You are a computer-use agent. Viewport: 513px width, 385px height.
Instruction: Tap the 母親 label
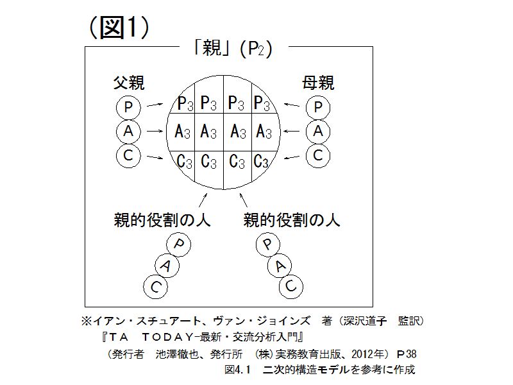pos(319,83)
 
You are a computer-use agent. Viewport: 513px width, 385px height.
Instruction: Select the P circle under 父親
pos(128,107)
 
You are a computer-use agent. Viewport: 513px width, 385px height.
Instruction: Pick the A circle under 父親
pos(128,132)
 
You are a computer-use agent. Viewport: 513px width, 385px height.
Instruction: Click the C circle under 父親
pos(128,155)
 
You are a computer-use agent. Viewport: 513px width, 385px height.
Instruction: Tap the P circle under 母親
pos(318,107)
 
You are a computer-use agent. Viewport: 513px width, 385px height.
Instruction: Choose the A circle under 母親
pos(318,132)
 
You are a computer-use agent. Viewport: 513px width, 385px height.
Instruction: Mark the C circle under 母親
pos(318,155)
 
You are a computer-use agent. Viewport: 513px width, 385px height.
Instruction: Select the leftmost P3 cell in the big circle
pos(185,103)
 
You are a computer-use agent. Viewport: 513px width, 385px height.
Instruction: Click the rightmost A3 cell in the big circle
pos(264,132)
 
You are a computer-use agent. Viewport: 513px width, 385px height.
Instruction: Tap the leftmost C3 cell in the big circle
pos(184,161)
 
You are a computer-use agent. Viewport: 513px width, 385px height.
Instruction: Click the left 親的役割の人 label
pos(161,221)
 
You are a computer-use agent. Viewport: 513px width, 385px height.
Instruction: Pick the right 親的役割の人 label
pos(292,221)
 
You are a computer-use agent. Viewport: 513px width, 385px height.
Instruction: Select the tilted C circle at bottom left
pos(154,286)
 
